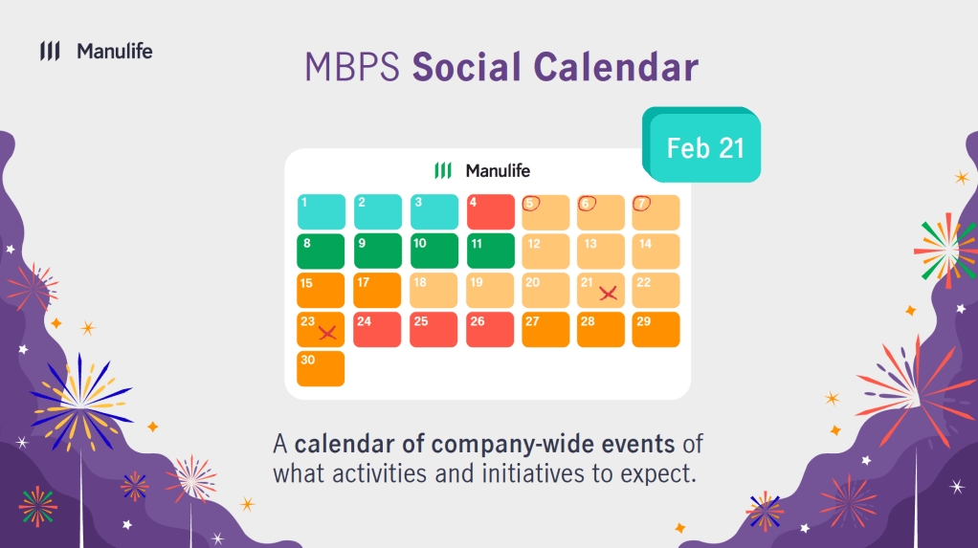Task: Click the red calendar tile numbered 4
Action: pyautogui.click(x=490, y=212)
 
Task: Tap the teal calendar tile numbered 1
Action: pyautogui.click(x=321, y=212)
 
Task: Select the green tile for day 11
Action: pyautogui.click(x=490, y=252)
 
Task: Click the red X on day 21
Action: pyautogui.click(x=608, y=293)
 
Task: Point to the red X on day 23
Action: pyautogui.click(x=327, y=332)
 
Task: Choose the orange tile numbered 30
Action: pyautogui.click(x=321, y=368)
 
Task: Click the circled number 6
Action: pyautogui.click(x=587, y=204)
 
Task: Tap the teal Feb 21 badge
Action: pyautogui.click(x=701, y=145)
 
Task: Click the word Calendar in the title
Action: pyautogui.click(x=615, y=67)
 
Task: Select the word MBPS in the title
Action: pyautogui.click(x=352, y=67)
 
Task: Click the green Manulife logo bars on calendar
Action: pyautogui.click(x=443, y=170)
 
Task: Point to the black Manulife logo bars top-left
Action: pyautogui.click(x=50, y=51)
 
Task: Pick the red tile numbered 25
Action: pyautogui.click(x=433, y=329)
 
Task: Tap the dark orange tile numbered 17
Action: pyautogui.click(x=377, y=290)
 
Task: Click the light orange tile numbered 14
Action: pyautogui.click(x=656, y=252)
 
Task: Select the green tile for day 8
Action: pyautogui.click(x=321, y=252)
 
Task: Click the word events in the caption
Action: pyautogui.click(x=637, y=444)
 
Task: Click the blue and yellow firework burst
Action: pyautogui.click(x=81, y=402)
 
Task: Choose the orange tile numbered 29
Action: pyautogui.click(x=656, y=329)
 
